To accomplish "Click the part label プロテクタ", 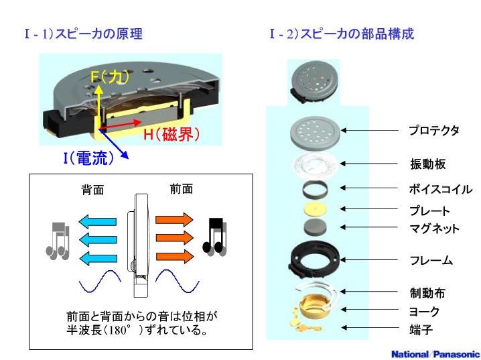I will point(434,130).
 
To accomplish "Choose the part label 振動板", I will point(427,164).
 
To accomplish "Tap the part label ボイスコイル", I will point(440,189).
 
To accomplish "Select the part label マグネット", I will point(434,229).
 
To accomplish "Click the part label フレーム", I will point(431,260).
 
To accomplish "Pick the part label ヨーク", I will point(424,312).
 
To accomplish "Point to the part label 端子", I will point(420,330).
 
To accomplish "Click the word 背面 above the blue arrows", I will point(92,190).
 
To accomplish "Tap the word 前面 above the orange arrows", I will point(181,189).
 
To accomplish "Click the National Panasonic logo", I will point(435,354).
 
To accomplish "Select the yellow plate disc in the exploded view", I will point(315,209).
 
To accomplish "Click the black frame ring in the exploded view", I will point(316,259).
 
